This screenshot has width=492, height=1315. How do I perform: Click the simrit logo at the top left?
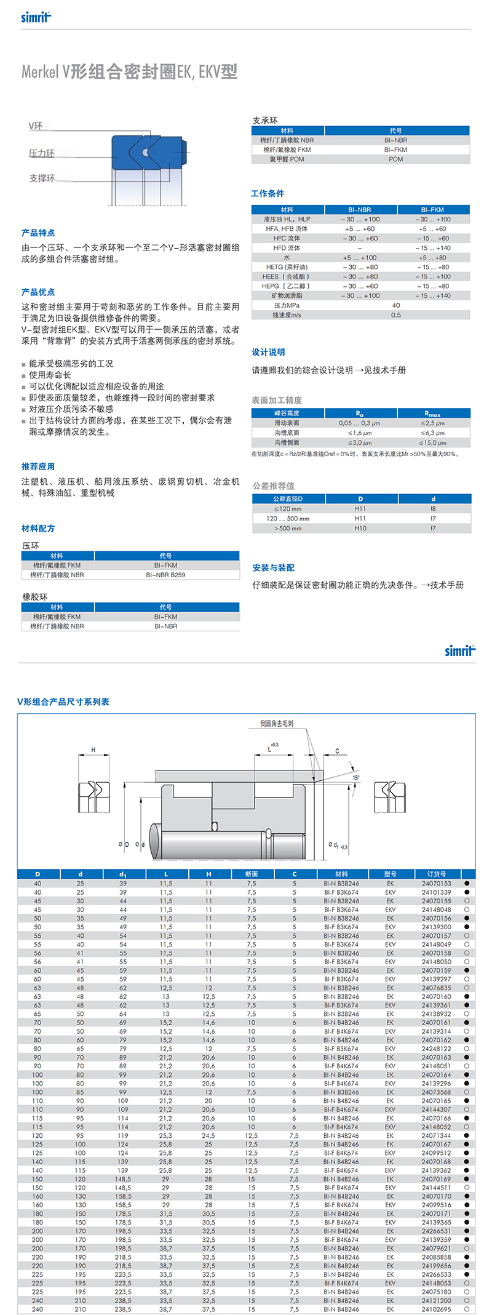click(36, 17)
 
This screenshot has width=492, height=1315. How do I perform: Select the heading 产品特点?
click(38, 233)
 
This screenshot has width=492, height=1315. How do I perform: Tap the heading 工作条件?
click(268, 193)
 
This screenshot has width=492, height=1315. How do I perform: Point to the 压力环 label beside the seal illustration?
click(42, 153)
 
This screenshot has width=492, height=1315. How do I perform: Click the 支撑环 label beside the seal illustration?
click(42, 178)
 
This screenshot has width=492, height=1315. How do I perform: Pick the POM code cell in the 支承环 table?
click(396, 159)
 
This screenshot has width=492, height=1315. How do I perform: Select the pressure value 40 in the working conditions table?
click(396, 305)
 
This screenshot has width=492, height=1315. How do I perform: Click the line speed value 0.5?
click(396, 315)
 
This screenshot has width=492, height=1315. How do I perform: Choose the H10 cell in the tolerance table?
click(360, 528)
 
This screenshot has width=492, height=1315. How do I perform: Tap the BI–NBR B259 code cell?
click(165, 575)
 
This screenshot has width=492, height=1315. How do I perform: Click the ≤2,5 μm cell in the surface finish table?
click(433, 423)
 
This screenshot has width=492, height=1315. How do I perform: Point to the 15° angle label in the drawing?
click(356, 778)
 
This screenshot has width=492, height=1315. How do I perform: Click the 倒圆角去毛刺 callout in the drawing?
click(277, 724)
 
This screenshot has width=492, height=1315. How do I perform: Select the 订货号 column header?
click(437, 874)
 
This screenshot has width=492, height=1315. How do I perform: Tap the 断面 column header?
click(252, 874)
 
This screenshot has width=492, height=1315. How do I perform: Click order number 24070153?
click(437, 884)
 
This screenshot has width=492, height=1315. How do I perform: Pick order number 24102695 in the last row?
click(437, 1309)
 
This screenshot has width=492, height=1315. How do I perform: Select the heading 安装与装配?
click(273, 567)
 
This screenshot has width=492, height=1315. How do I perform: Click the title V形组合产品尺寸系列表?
click(63, 701)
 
